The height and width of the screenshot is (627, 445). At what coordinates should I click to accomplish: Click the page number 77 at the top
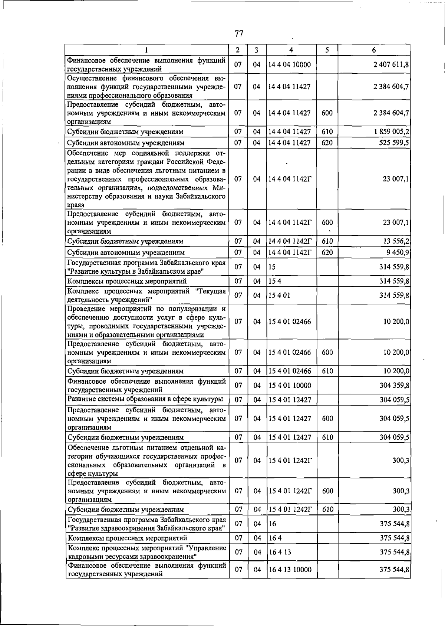239,34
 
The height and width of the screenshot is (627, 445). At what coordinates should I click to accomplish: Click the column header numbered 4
291,50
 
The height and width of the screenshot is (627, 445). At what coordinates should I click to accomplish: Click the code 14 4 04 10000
290,65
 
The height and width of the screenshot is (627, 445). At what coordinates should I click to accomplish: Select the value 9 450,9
398,253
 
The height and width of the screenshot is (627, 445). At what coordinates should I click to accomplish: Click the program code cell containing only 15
272,267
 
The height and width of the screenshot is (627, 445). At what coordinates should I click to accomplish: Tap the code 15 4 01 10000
290,386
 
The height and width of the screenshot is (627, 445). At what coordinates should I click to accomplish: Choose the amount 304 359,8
394,386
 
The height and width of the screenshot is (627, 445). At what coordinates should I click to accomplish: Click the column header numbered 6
374,50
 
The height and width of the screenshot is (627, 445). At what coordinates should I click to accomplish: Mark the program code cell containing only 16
273,524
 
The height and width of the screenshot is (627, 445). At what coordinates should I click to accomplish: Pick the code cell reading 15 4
275,281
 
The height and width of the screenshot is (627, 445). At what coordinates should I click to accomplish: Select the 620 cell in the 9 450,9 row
327,253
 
